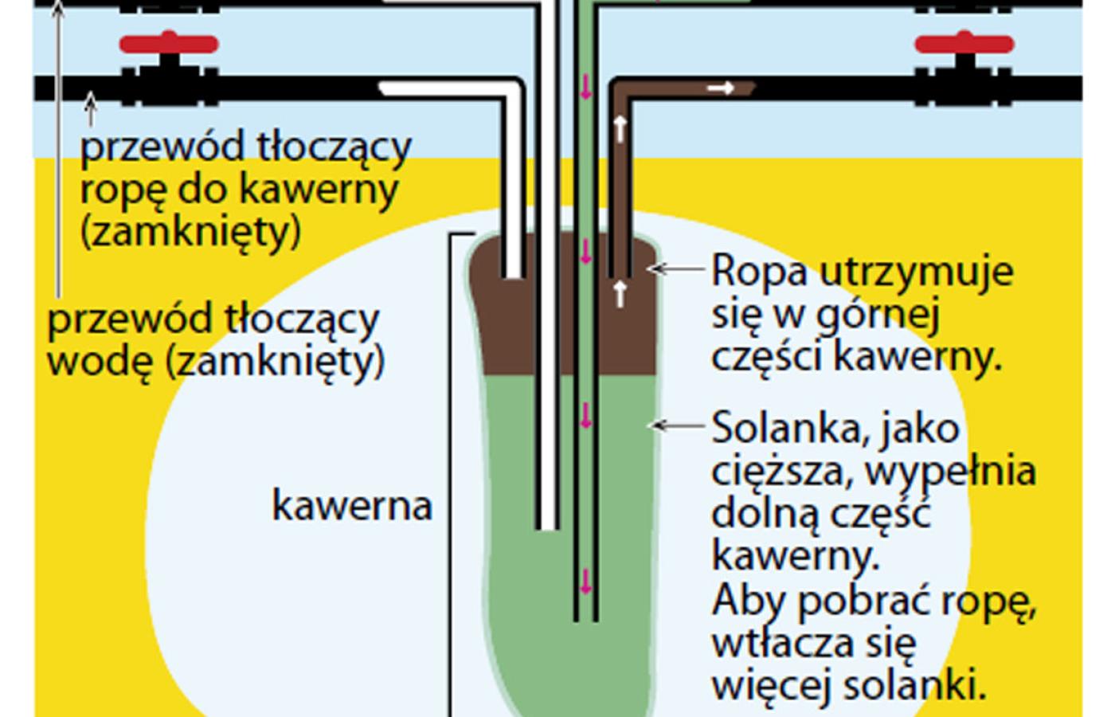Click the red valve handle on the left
click(x=169, y=44)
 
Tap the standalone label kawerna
click(x=352, y=505)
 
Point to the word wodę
click(x=100, y=362)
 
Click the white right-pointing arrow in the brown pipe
click(x=721, y=88)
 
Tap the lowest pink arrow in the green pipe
click(x=586, y=582)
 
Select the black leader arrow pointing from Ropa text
click(x=677, y=269)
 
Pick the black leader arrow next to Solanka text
click(x=677, y=426)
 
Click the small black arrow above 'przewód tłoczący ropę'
click(x=91, y=110)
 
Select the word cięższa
click(x=782, y=472)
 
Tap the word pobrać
click(x=865, y=601)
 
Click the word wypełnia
click(x=951, y=472)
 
